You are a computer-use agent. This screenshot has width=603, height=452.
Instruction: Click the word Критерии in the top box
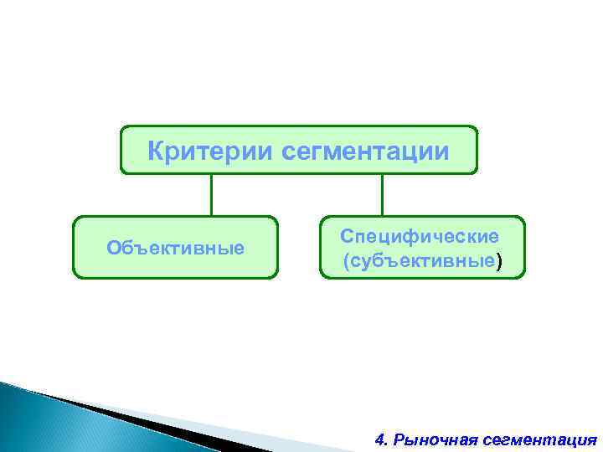coord(210,152)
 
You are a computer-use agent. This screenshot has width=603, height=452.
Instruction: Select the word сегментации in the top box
coord(366,152)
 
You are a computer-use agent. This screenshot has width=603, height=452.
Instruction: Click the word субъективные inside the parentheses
coord(422,261)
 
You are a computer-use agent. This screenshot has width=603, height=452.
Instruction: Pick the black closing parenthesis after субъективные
coord(500,262)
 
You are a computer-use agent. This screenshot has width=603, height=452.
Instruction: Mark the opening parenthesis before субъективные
coord(346,262)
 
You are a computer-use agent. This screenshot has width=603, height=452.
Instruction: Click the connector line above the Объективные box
coord(211,195)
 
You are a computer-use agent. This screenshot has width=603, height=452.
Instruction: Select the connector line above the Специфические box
coord(382,195)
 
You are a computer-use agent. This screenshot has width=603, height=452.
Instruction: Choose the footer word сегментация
coord(538,439)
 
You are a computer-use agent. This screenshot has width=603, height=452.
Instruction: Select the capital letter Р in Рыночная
coord(399,439)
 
